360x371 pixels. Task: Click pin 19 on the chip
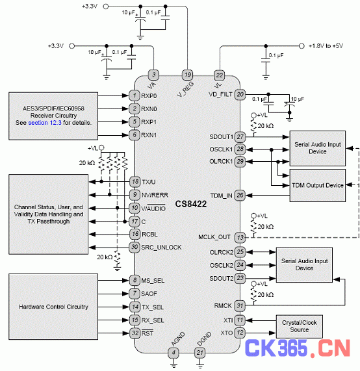coord(187,75)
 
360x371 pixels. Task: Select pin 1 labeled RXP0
coord(135,96)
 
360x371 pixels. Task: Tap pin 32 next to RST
coord(135,333)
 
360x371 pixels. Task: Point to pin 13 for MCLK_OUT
coord(240,237)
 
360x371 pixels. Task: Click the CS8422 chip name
coord(191,204)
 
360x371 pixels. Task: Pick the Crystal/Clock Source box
coord(299,326)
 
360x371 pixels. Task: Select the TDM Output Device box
coord(317,185)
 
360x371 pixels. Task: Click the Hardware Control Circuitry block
coord(53,307)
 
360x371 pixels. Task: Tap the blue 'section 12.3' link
coord(45,123)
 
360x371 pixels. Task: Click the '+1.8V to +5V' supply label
coord(326,46)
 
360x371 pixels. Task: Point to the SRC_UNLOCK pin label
coord(161,248)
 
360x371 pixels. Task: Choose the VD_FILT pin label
coord(220,94)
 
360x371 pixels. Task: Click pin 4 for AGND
coord(174,353)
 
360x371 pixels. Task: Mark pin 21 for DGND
coord(199,353)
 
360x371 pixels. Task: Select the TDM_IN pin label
coord(222,196)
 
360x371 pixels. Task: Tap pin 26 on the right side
coord(240,196)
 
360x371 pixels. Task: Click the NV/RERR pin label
coord(155,195)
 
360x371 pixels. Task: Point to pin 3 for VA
coord(153,75)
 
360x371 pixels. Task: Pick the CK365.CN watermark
coord(297,348)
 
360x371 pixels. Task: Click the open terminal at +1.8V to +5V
coord(302,46)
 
